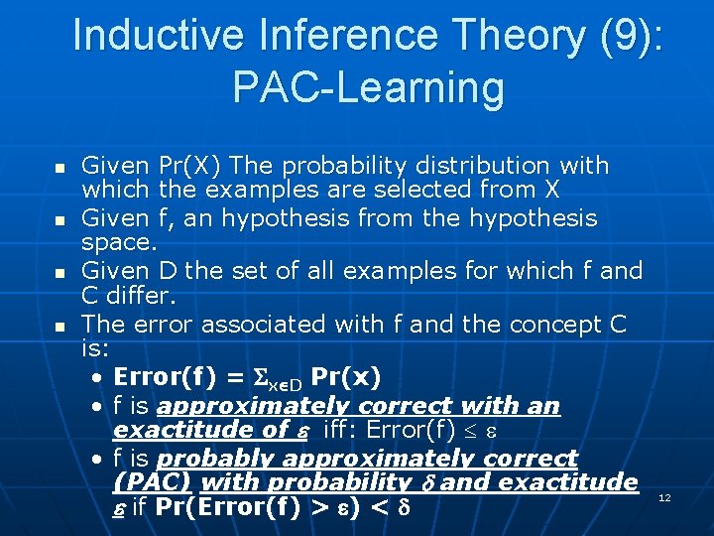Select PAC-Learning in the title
tap(368, 87)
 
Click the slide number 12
tap(664, 497)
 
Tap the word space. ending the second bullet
tap(119, 241)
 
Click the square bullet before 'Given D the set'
tap(59, 272)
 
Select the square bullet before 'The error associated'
tap(59, 326)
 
